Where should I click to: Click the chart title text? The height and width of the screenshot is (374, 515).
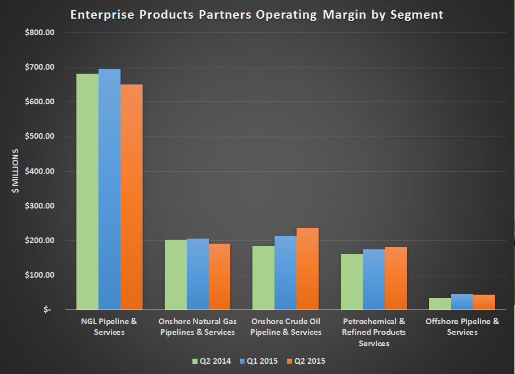coord(256,15)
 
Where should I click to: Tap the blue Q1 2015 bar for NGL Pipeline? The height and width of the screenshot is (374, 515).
coord(109,189)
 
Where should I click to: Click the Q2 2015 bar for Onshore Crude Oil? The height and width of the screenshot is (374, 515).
coord(308,269)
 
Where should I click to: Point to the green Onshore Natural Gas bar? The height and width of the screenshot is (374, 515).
coord(175,275)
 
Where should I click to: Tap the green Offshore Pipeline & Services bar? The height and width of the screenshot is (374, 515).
coord(440,304)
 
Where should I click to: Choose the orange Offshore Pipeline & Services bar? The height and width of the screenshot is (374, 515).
coord(484,302)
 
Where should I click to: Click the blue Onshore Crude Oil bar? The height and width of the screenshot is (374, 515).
coord(286,273)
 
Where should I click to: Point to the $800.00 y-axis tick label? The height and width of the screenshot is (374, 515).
coord(40,32)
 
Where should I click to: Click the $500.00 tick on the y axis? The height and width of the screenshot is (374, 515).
coord(40,137)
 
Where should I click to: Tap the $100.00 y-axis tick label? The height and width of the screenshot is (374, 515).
coord(40,275)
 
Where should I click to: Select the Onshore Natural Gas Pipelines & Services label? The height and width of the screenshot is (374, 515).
coord(198,326)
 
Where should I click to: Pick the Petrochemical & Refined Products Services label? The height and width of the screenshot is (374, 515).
coord(374,332)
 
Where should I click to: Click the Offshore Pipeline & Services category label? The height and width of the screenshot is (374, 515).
coord(462,326)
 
